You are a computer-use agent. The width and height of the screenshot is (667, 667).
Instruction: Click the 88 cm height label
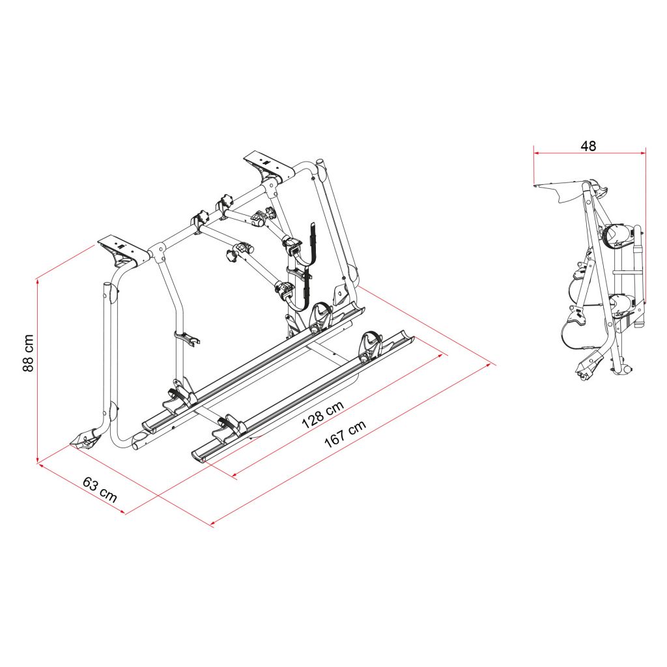click(x=28, y=352)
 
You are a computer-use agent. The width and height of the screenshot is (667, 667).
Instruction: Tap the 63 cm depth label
click(x=100, y=489)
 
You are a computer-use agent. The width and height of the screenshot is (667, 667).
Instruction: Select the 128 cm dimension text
click(x=322, y=415)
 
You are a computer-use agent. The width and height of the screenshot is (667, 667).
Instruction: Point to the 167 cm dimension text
click(x=345, y=434)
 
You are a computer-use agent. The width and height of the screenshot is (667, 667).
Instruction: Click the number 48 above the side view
click(x=588, y=146)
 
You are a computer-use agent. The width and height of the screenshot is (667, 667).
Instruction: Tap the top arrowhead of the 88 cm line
click(x=38, y=280)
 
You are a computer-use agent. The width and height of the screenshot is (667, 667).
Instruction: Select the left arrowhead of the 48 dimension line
click(x=537, y=153)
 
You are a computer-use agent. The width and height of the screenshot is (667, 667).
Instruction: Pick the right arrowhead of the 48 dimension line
click(x=643, y=153)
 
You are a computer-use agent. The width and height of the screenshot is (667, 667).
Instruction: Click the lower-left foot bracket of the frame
click(x=87, y=440)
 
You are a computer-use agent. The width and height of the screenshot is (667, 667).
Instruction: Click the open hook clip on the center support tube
click(x=189, y=338)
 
